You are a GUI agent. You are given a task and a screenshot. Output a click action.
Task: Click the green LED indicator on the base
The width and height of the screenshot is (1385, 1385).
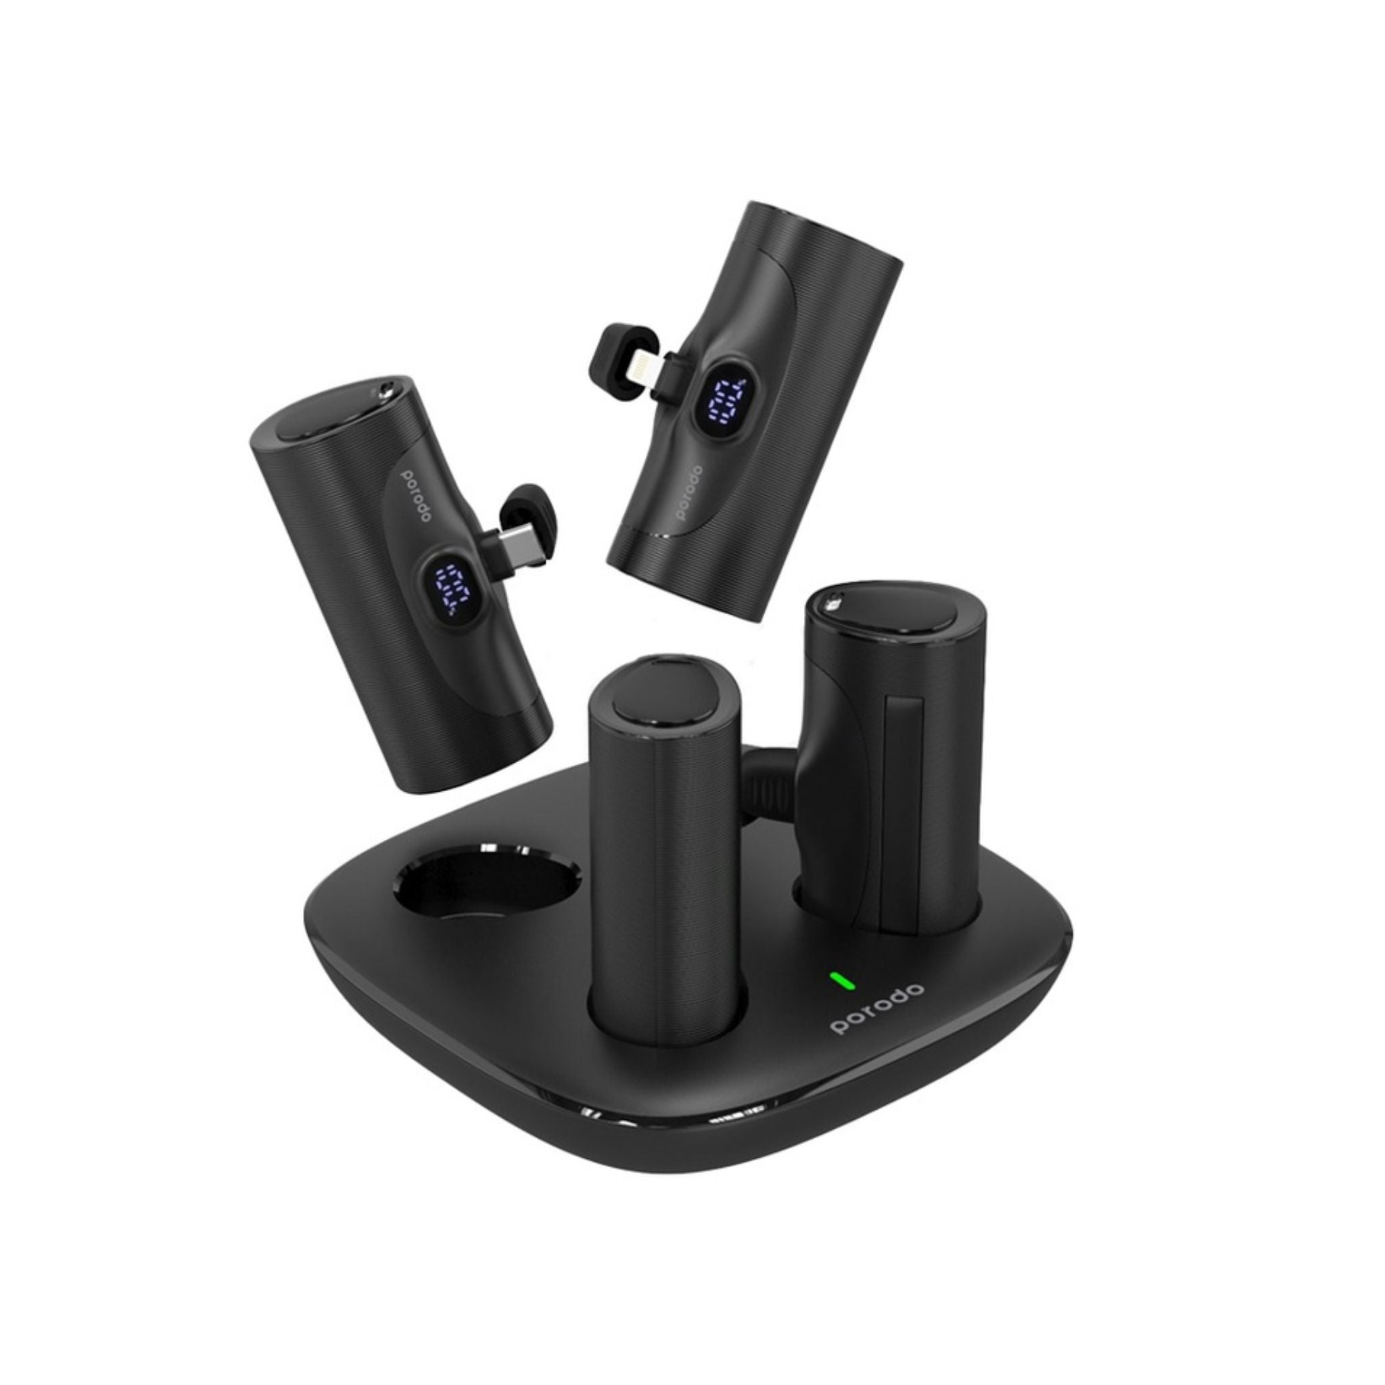(837, 980)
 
